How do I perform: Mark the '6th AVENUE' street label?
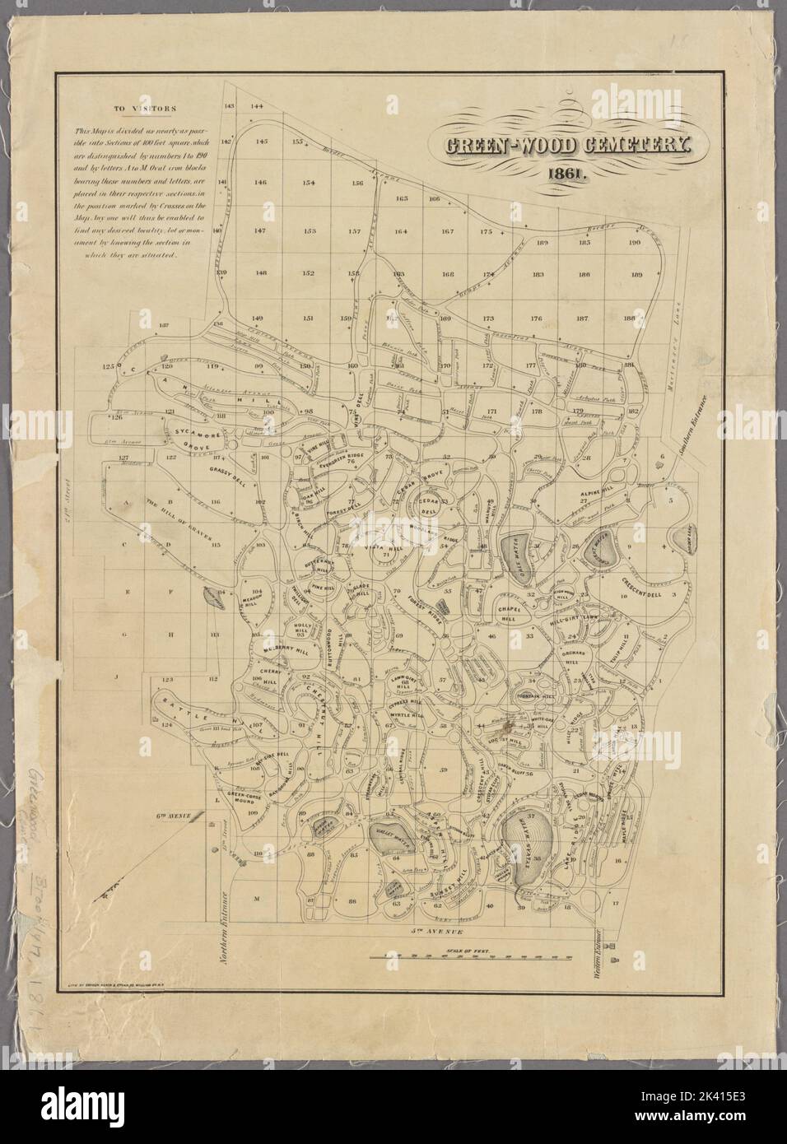175,816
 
